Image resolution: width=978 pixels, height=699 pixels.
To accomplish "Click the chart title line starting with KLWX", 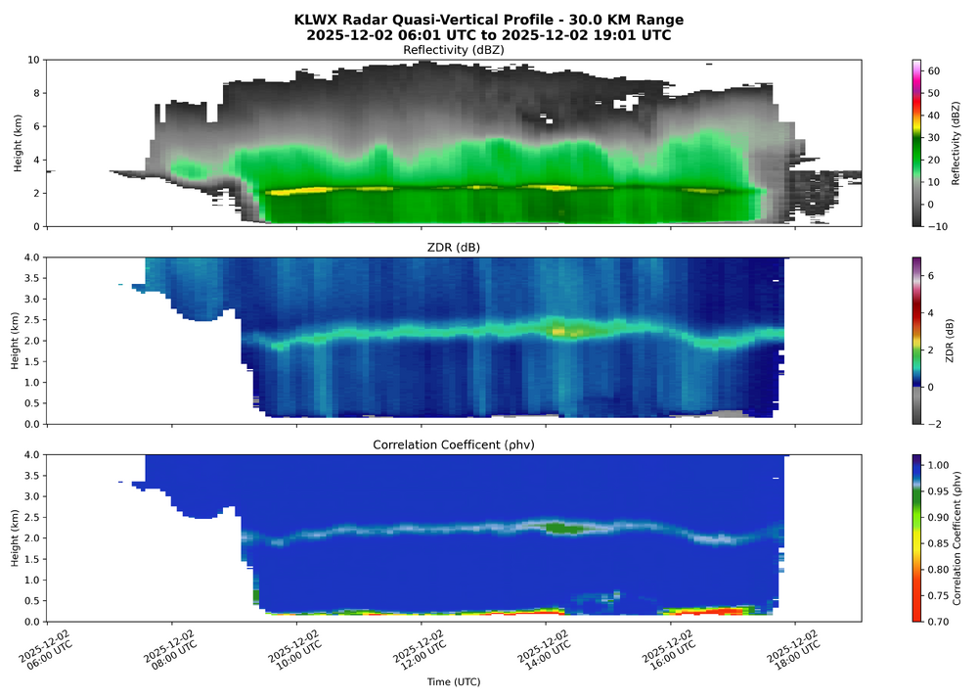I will click(x=488, y=20).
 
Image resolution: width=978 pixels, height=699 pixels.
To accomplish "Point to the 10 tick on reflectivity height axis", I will click(x=31, y=60).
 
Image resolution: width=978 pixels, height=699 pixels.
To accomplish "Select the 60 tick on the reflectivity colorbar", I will click(x=934, y=71).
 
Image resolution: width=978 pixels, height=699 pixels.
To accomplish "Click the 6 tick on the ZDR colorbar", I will click(x=931, y=277).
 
